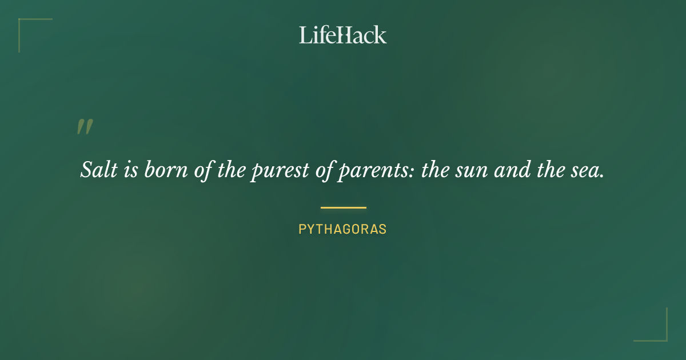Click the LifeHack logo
[x=342, y=35]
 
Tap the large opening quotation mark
[x=85, y=127]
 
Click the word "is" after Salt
[x=131, y=170]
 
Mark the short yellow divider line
[x=343, y=207]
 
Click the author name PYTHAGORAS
[x=342, y=230]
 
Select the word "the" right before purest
[x=231, y=170]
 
